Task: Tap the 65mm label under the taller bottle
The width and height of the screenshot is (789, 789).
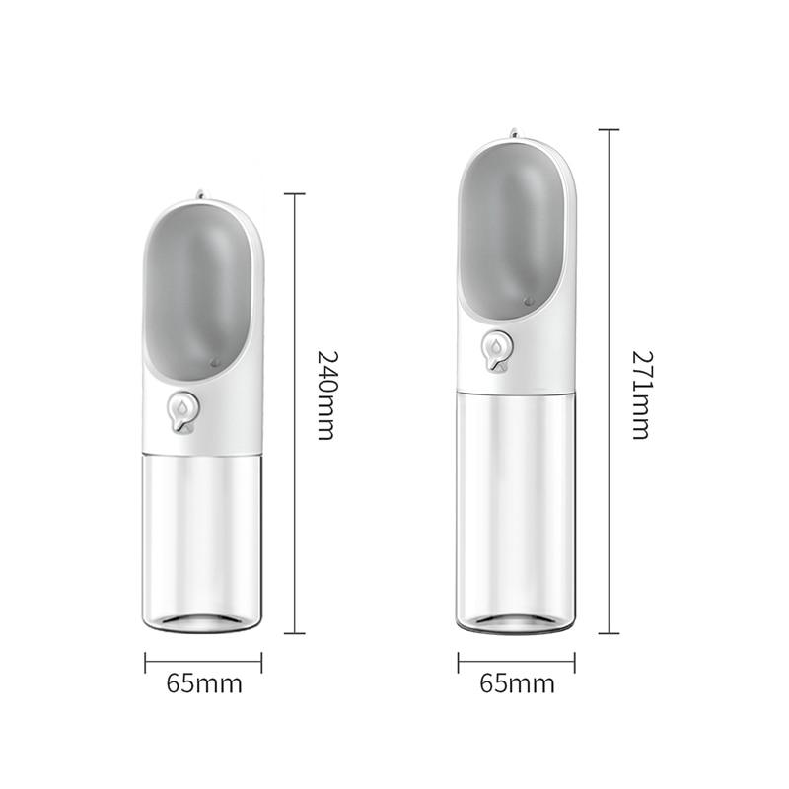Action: (517, 682)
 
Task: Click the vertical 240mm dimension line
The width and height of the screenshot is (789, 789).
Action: (298, 296)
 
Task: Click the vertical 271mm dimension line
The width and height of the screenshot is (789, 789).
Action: (610, 247)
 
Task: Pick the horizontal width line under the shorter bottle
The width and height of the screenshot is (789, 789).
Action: (204, 661)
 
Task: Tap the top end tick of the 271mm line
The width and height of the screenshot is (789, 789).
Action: (609, 129)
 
